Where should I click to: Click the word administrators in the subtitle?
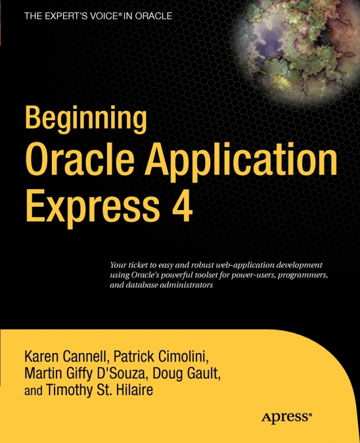click(188, 285)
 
